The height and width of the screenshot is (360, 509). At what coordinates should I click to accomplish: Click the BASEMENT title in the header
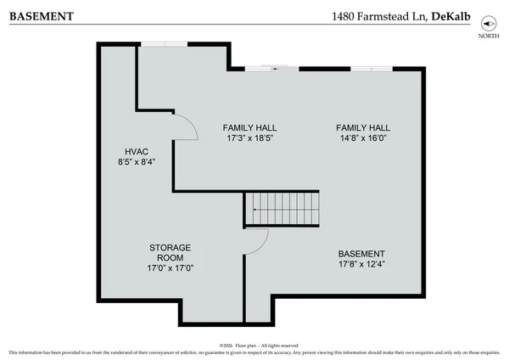40,15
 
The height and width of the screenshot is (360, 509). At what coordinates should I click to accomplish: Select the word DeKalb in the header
450,15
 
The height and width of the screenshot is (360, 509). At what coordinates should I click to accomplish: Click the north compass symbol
487,25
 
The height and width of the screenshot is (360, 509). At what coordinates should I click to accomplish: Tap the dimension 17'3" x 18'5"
249,138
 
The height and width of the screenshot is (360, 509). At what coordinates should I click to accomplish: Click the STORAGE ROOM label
171,252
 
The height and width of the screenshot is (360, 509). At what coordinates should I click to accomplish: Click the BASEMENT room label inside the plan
361,254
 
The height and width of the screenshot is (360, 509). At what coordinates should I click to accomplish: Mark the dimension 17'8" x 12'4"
361,265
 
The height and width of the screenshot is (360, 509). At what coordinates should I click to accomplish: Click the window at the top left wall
161,44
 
